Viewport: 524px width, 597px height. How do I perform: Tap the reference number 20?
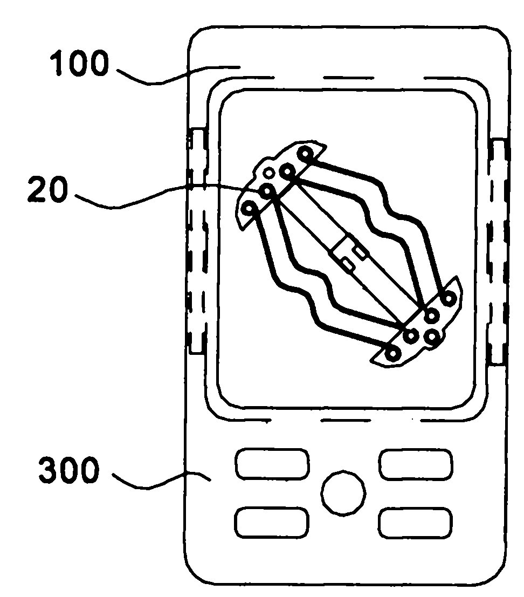[x=47, y=189]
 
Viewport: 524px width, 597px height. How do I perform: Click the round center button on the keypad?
[x=343, y=493]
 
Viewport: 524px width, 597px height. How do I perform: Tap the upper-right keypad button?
[x=416, y=464]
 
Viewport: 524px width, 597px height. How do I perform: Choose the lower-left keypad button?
[x=272, y=523]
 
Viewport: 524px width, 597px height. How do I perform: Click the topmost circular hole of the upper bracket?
[x=306, y=154]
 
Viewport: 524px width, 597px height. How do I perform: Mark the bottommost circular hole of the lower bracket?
[x=392, y=354]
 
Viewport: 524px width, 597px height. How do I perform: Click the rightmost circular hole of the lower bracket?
[x=449, y=298]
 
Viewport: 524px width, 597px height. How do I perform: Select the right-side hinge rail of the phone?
[x=498, y=251]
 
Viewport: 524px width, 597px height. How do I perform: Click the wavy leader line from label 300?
[x=161, y=480]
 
